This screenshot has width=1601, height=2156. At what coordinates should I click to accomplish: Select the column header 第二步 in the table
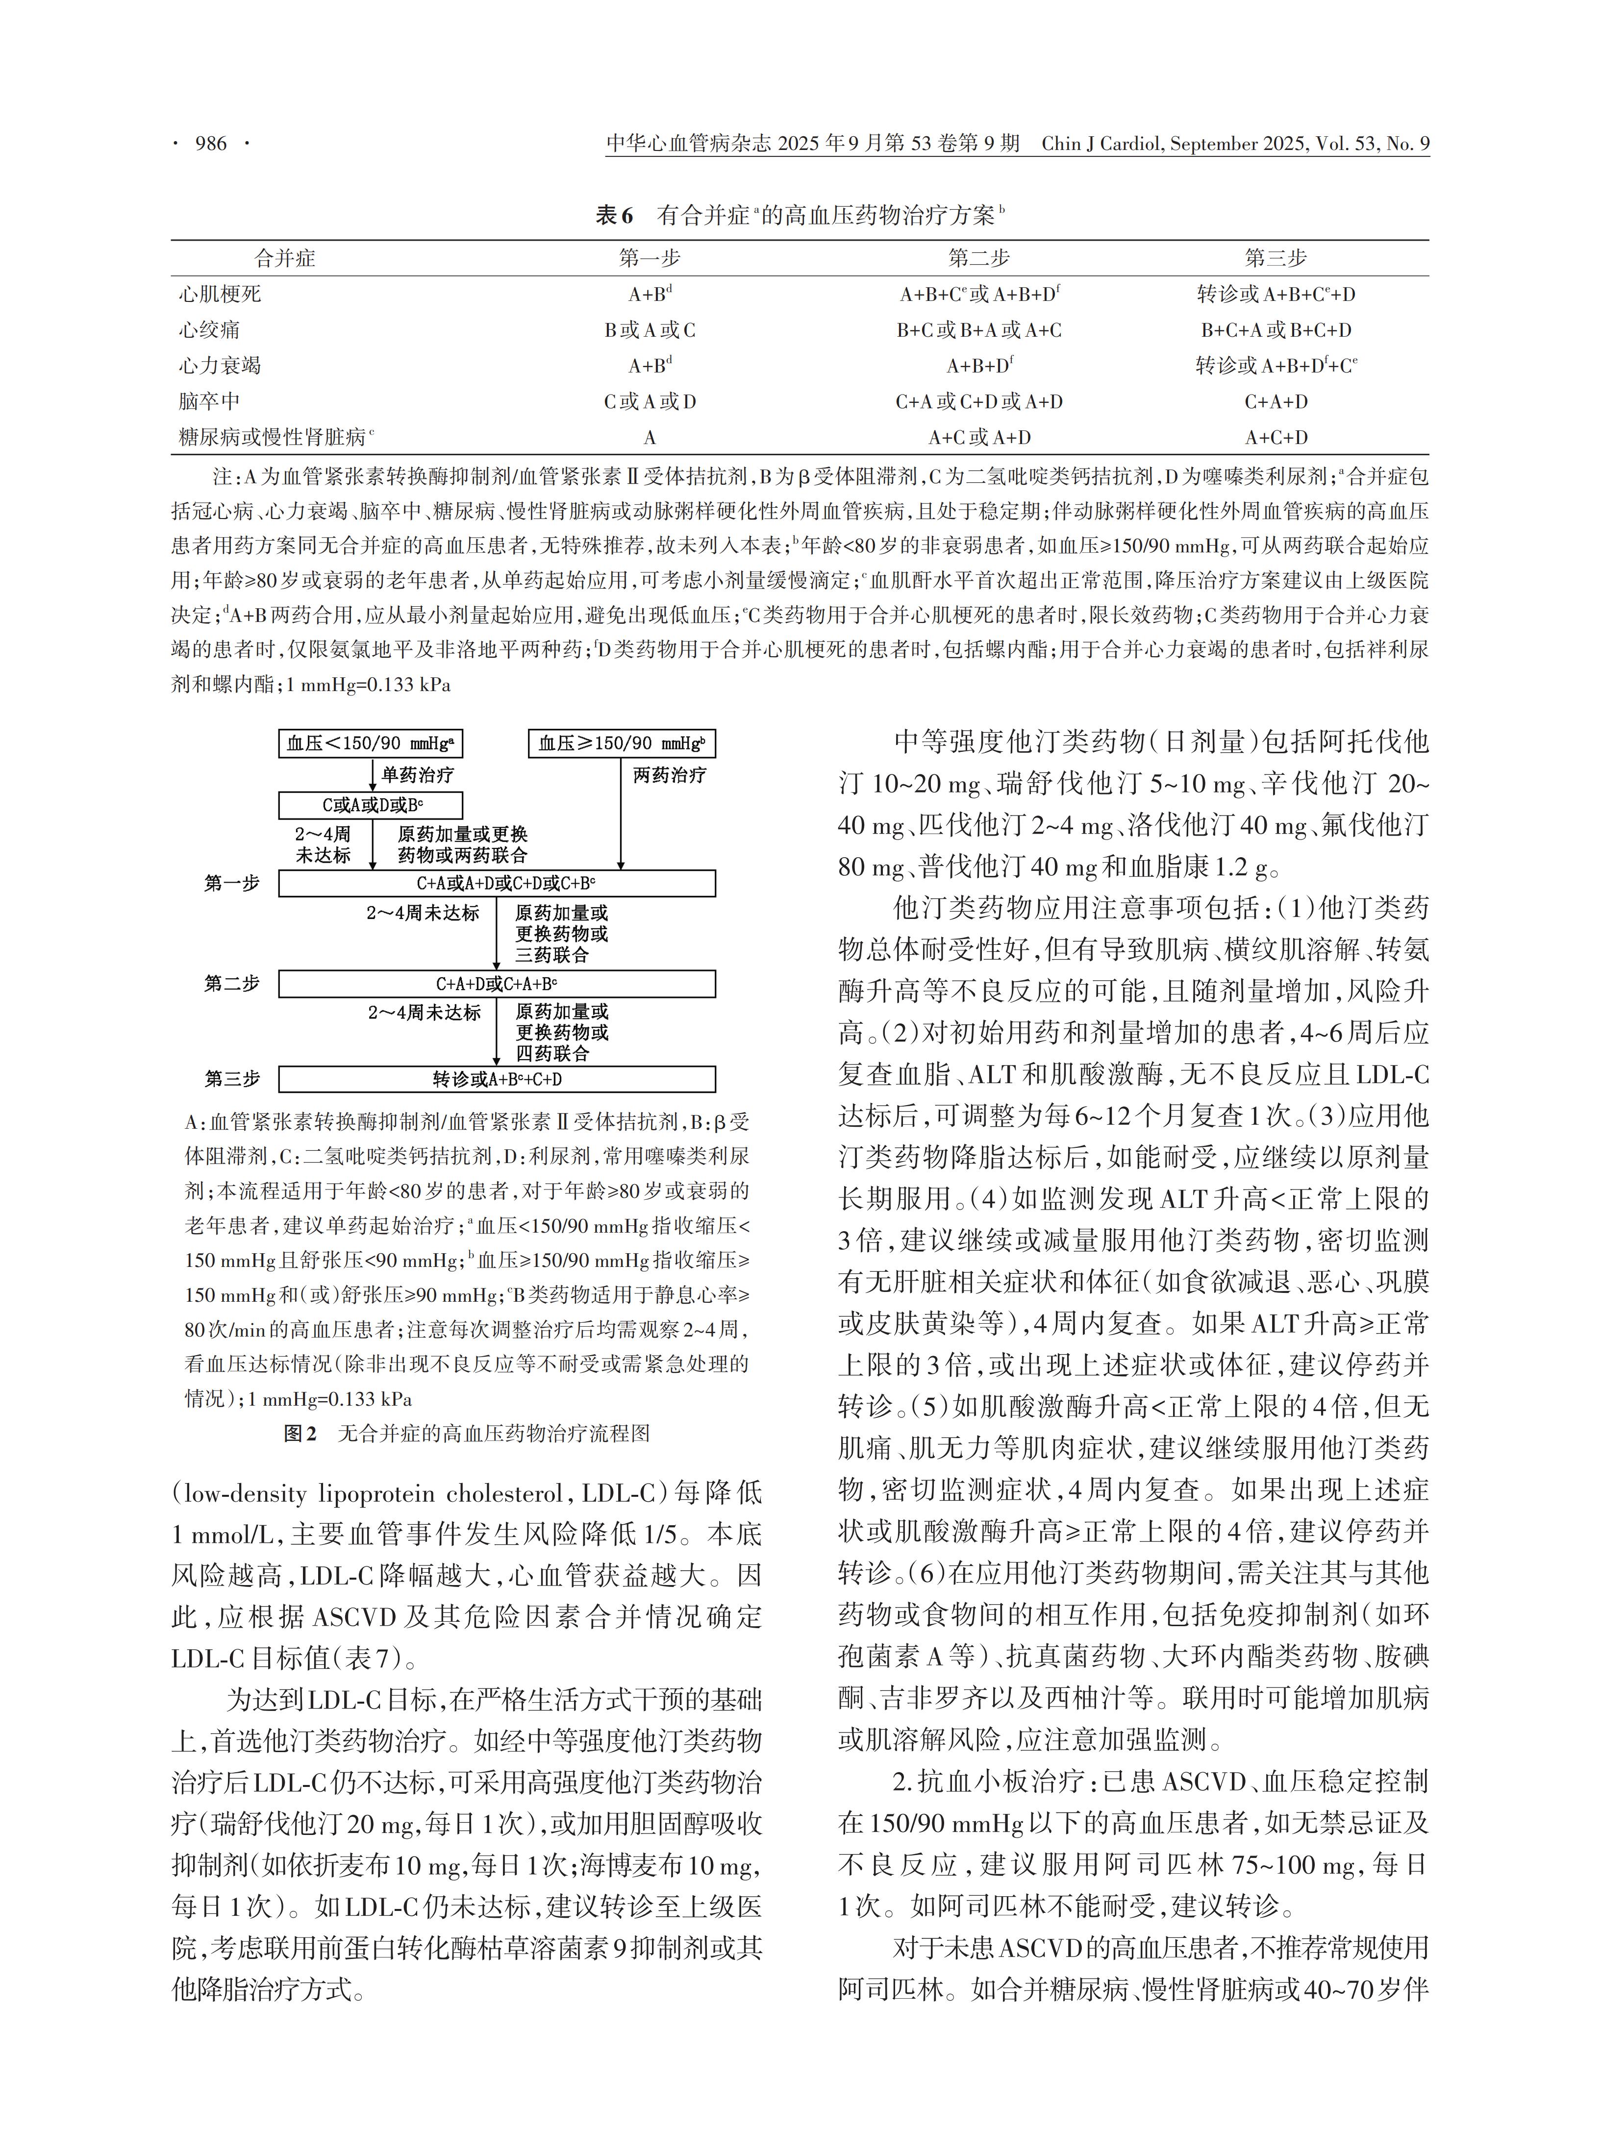[979, 258]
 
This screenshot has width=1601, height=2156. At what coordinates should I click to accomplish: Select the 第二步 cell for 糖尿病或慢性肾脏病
[979, 437]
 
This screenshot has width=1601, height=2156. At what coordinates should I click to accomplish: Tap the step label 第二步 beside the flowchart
[232, 984]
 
